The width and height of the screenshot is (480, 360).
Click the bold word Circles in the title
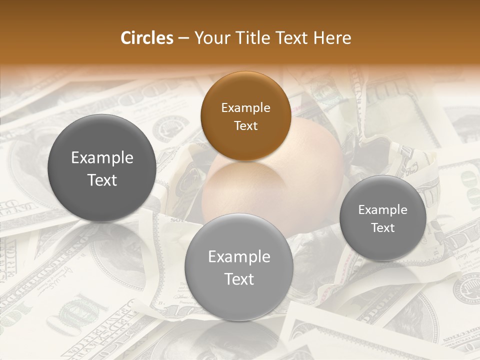tap(146, 38)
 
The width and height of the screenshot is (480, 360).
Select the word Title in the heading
tap(255, 38)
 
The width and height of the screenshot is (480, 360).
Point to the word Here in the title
tap(332, 38)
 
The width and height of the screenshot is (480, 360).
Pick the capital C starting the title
tap(126, 38)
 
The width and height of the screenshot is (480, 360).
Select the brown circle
tap(245, 116)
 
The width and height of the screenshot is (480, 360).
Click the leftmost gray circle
tap(101, 168)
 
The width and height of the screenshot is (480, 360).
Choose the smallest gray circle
tap(382, 218)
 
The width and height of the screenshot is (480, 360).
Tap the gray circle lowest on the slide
tap(238, 267)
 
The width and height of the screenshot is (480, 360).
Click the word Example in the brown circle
tap(245, 107)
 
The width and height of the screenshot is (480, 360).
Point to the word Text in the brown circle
tap(245, 125)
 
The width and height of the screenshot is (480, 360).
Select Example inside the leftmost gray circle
tap(102, 158)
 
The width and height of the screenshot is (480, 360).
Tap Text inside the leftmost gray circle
tap(102, 180)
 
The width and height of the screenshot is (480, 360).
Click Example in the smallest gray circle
tap(382, 209)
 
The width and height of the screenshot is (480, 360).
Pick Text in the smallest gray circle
tap(382, 227)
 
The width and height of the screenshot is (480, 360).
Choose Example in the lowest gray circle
tap(239, 256)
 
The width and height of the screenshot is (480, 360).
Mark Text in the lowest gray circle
tap(239, 278)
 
